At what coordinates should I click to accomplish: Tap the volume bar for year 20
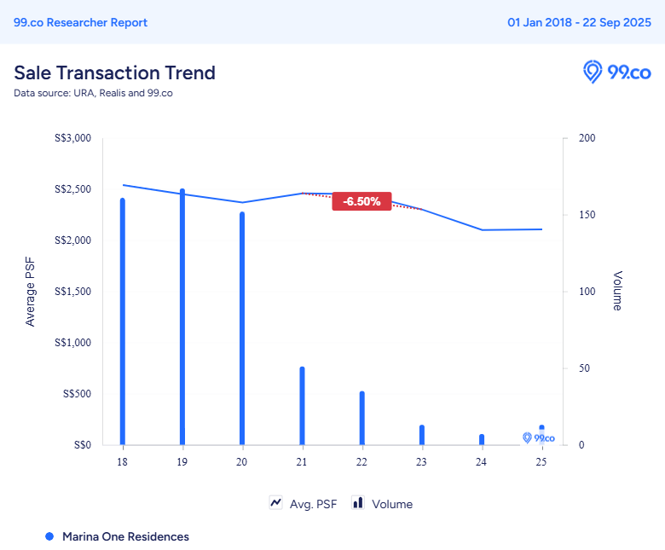242,328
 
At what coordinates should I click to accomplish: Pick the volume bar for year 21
302,406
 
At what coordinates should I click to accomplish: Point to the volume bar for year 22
361,418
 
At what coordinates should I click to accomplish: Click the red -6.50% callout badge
361,201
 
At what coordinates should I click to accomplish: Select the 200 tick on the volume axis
587,138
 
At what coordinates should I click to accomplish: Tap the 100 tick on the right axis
587,292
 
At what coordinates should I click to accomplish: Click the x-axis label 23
421,461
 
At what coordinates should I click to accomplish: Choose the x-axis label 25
541,461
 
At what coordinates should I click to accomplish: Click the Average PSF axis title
31,292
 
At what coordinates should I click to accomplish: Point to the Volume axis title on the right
617,292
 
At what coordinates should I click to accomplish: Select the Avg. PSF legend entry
304,504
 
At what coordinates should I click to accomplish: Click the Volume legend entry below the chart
383,504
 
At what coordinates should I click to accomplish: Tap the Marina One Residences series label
125,536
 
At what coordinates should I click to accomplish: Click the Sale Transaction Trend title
114,72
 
